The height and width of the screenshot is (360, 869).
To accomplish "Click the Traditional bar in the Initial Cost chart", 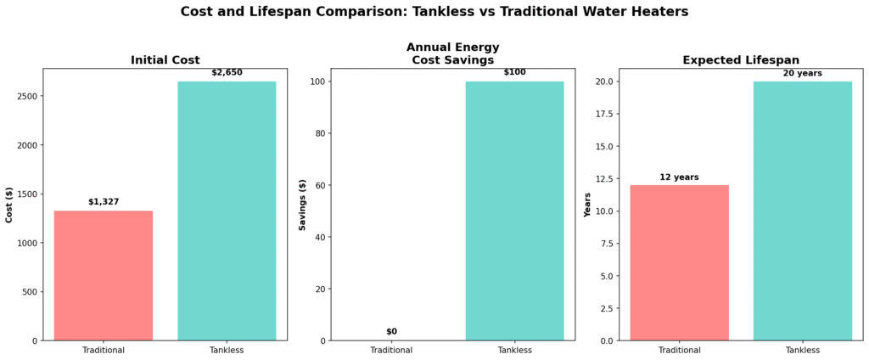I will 104,275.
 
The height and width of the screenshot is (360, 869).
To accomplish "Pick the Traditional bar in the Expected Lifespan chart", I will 679,262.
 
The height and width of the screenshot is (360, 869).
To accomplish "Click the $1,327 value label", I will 104,202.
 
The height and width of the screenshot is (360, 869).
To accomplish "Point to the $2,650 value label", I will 227,73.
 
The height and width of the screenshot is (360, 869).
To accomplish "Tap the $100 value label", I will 514,72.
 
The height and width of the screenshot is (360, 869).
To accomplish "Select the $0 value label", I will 391,332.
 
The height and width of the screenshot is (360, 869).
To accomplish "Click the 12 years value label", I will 679,177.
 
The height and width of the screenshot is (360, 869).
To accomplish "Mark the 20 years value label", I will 802,73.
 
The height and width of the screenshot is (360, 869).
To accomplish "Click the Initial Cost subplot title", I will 165,60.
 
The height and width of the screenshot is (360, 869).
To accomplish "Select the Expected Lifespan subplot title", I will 740,60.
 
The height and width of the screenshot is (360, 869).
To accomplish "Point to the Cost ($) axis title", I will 9,205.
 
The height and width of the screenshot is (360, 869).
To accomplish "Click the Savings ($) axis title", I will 303,205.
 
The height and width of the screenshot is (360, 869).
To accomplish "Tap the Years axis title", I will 587,205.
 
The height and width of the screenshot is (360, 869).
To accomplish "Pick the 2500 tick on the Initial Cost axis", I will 25,96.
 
